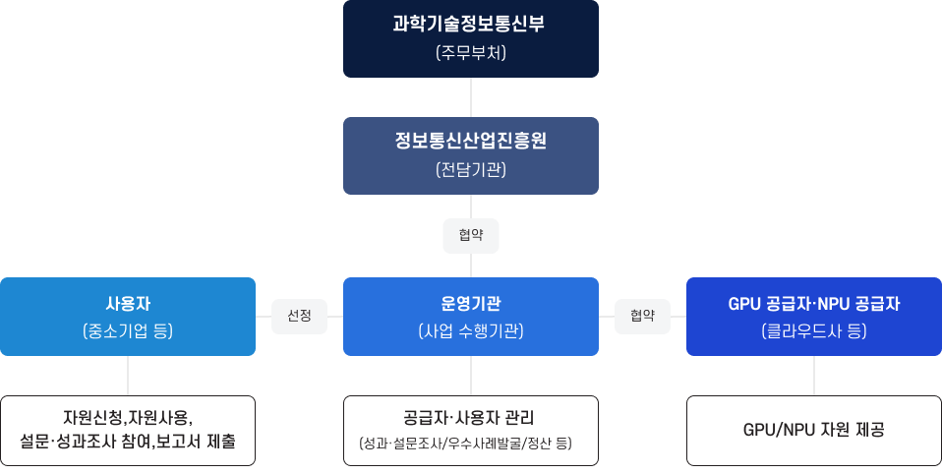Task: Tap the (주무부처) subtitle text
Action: click(470, 53)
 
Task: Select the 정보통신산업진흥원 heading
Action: click(470, 141)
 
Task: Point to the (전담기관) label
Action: click(470, 169)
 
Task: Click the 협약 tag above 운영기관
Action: click(471, 235)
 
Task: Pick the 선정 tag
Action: click(299, 316)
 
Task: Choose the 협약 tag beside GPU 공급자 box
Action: click(642, 316)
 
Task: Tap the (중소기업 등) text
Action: click(128, 331)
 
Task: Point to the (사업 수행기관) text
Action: click(470, 331)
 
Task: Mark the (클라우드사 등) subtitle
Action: click(813, 331)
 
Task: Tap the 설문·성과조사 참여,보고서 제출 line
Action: click(128, 442)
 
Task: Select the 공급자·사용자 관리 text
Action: click(470, 417)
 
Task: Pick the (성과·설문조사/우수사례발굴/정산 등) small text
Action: click(470, 444)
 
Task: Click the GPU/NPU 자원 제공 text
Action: click(813, 430)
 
